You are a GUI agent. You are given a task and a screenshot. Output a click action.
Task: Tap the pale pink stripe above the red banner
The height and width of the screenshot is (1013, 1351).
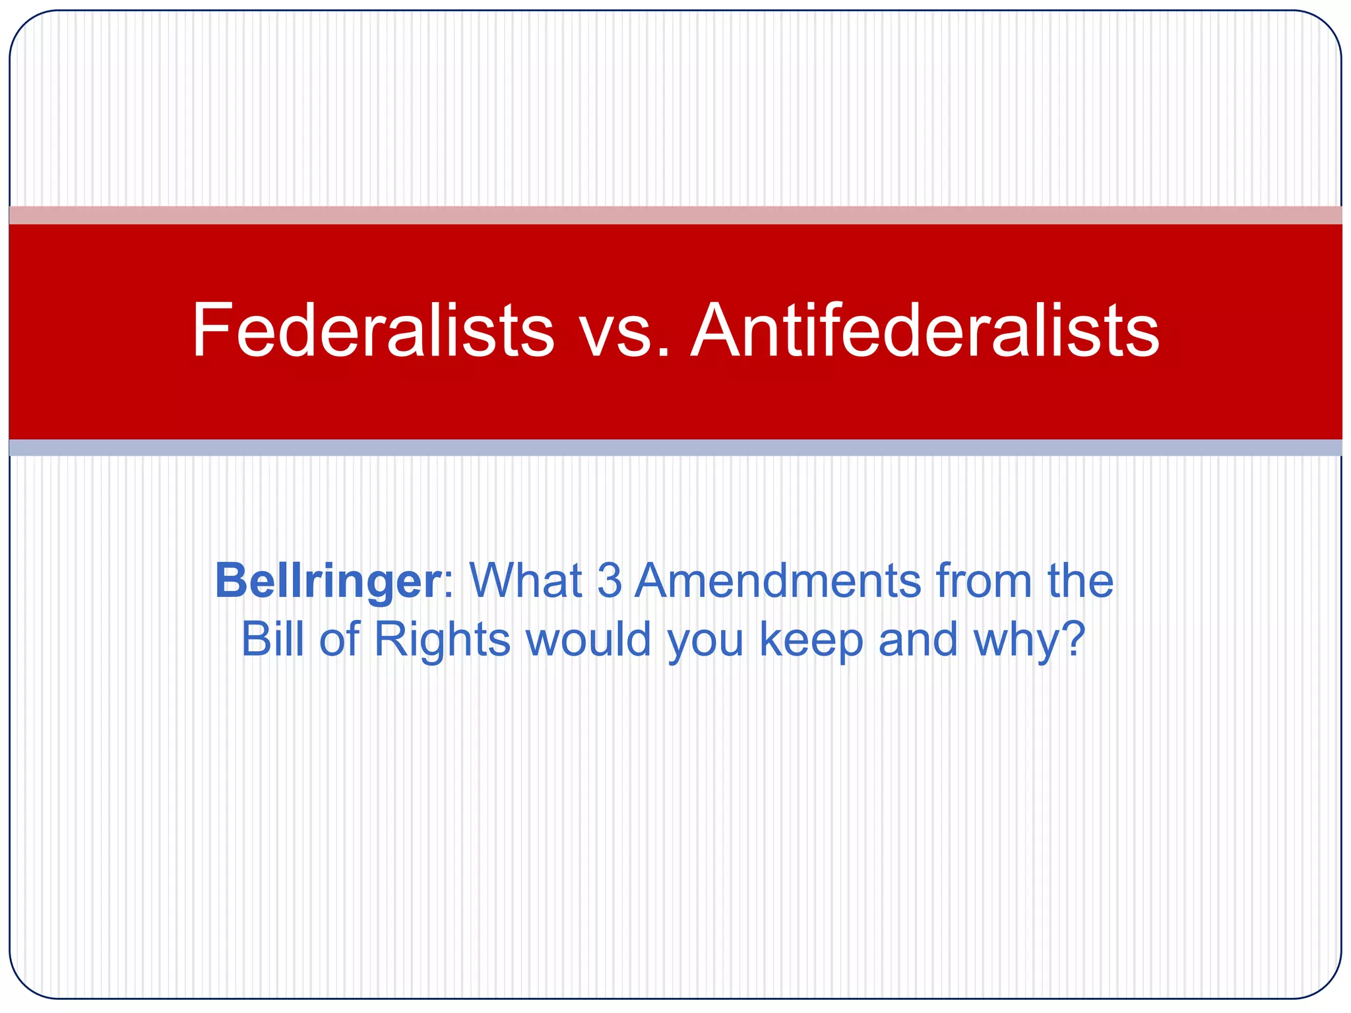click(x=675, y=215)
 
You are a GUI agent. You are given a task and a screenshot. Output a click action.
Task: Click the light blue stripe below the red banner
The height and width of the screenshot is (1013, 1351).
click(x=675, y=448)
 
